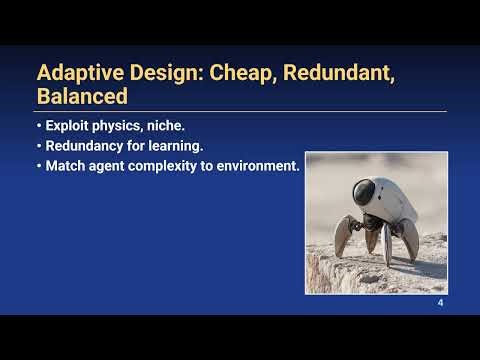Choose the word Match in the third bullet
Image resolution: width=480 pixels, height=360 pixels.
click(65, 165)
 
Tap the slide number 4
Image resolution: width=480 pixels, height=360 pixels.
click(440, 303)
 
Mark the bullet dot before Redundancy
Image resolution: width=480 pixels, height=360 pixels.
click(39, 147)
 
